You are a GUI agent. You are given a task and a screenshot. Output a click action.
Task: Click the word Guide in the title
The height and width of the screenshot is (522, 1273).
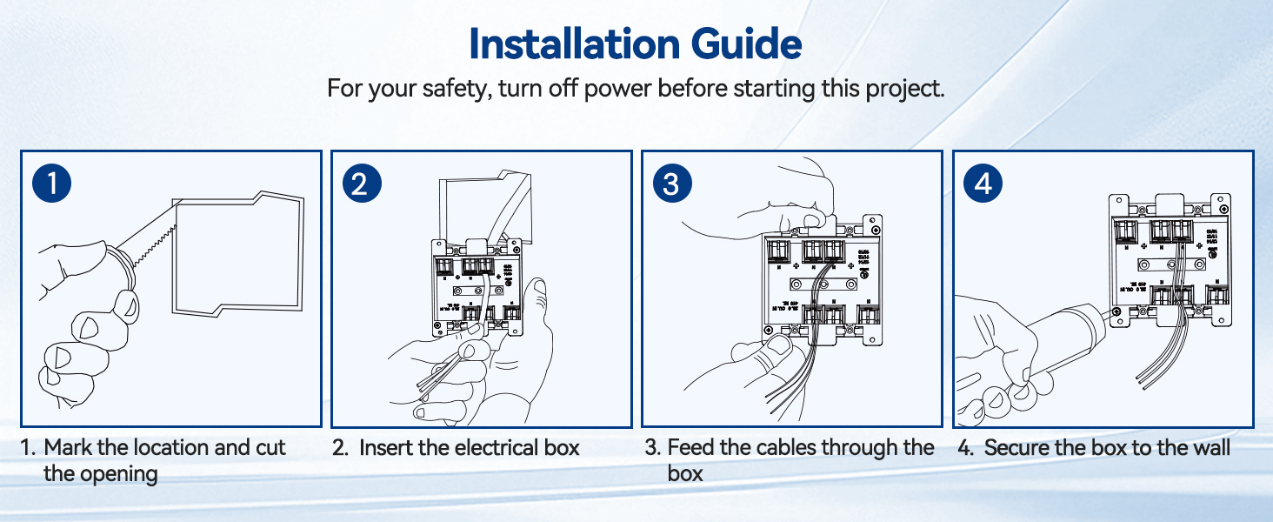744,43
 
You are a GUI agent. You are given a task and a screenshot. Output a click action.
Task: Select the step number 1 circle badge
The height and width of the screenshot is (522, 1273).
52,184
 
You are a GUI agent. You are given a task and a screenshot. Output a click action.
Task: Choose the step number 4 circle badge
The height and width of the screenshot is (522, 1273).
983,184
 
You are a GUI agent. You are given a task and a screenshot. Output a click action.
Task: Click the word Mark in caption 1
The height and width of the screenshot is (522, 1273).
66,448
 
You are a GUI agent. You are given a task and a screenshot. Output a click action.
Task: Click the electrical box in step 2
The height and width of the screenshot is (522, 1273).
474,287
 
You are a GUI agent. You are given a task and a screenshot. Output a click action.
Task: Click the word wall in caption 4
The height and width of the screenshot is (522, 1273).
1212,448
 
